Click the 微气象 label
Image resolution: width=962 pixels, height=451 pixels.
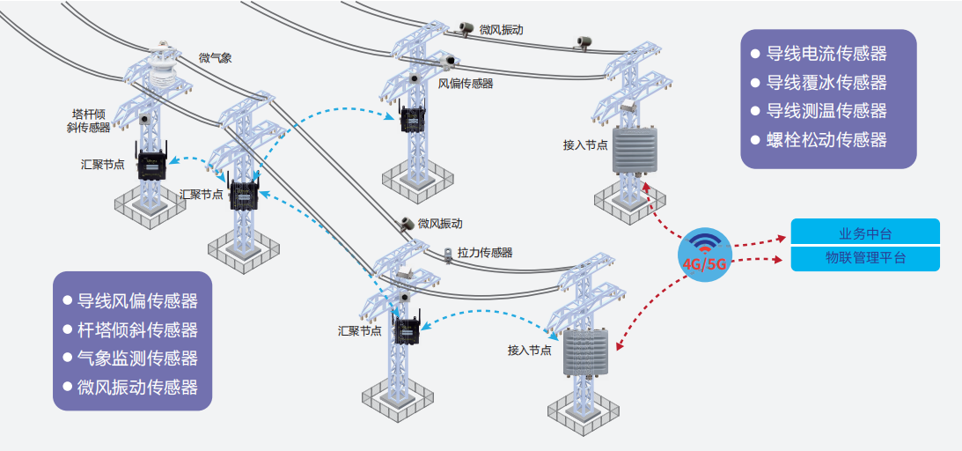216,58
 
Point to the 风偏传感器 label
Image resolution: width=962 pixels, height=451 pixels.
466,84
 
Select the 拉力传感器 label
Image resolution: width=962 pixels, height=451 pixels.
484,252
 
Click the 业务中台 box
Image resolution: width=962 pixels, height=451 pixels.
865,233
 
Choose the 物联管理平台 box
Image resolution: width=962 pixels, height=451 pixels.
865,258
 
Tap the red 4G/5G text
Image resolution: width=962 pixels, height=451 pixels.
705,263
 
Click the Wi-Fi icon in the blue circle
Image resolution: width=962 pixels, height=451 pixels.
705,243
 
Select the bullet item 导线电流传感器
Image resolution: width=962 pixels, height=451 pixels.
826,55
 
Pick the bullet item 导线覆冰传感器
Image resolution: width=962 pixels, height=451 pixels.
826,83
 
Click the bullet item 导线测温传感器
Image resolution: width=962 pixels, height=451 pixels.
826,111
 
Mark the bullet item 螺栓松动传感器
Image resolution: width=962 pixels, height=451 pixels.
826,139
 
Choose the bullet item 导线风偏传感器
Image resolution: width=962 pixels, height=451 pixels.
137,301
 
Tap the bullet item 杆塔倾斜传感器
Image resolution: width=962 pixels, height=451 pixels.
137,329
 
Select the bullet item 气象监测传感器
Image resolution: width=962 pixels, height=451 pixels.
137,358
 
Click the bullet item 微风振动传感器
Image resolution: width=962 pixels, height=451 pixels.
137,387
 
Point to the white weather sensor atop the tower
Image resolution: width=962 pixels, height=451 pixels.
162,67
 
